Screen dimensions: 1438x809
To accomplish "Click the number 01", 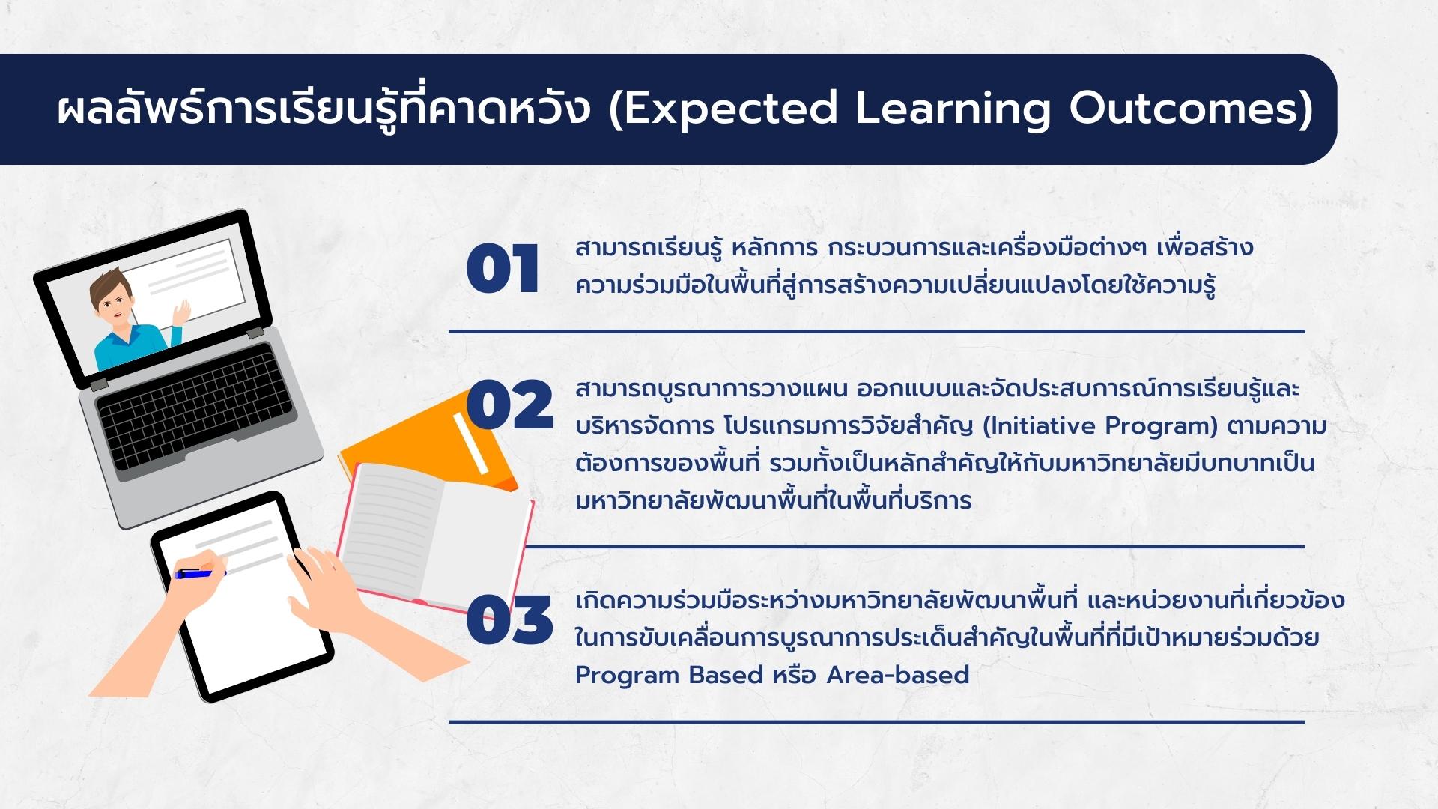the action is [x=503, y=269].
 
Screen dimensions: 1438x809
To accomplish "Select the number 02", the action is [x=509, y=404].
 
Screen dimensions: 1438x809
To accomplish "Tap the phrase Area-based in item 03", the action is [x=898, y=675].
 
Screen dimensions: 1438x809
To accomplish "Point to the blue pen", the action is [x=200, y=573].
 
